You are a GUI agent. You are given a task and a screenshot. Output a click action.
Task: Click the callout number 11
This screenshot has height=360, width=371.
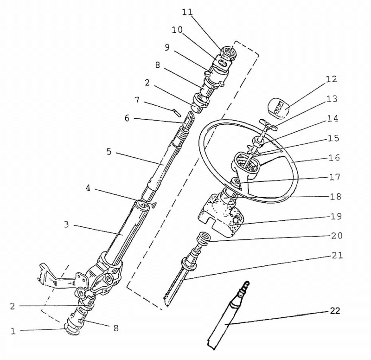click(x=187, y=13)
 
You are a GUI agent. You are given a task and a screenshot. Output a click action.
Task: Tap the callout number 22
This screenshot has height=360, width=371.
click(x=335, y=310)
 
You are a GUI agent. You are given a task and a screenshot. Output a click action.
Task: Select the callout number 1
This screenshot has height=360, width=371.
click(x=13, y=331)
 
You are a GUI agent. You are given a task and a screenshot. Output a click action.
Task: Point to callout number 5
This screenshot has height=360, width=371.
click(x=109, y=152)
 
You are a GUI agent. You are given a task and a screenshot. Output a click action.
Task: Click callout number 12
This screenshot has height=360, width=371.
click(x=331, y=79)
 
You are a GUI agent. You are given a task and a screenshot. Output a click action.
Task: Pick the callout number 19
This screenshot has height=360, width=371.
click(x=336, y=216)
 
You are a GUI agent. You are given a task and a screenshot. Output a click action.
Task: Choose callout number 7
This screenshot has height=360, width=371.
click(x=137, y=100)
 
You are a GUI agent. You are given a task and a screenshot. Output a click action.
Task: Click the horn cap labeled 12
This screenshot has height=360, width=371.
click(x=277, y=108)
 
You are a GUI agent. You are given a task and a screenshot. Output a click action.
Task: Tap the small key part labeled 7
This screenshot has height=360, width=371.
click(x=176, y=112)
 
